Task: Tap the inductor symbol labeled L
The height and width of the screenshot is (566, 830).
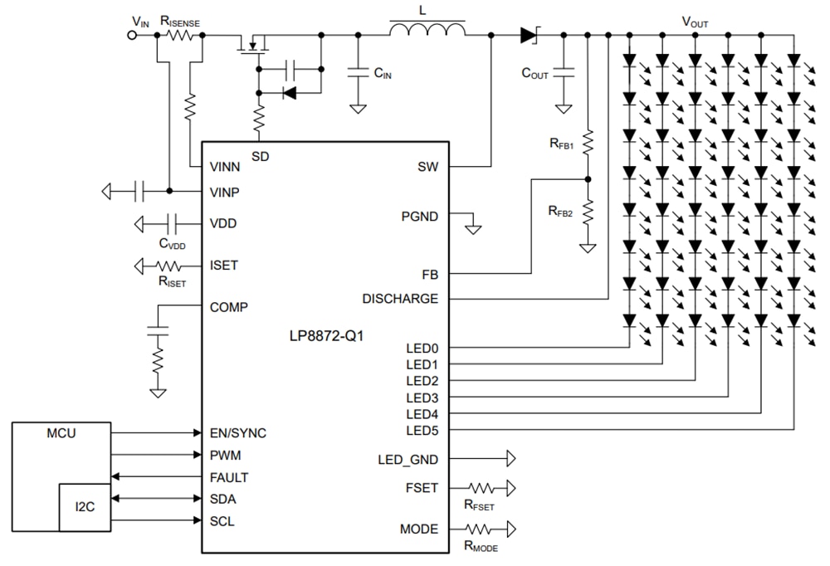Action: pos(427,30)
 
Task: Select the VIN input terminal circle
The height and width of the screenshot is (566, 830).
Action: pos(131,35)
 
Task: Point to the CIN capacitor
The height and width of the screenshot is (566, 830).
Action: pos(359,72)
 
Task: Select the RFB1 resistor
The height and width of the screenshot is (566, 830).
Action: pos(587,143)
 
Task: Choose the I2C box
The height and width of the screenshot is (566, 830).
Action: pos(84,505)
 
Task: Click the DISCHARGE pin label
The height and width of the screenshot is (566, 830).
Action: pos(400,298)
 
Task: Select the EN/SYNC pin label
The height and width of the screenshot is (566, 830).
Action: pos(238,433)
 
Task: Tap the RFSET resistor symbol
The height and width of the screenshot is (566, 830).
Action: pos(482,488)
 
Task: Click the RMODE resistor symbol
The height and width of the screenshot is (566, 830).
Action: pos(482,529)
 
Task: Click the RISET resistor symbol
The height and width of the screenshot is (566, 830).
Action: pos(170,266)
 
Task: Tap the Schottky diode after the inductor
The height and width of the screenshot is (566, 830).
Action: pos(530,35)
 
